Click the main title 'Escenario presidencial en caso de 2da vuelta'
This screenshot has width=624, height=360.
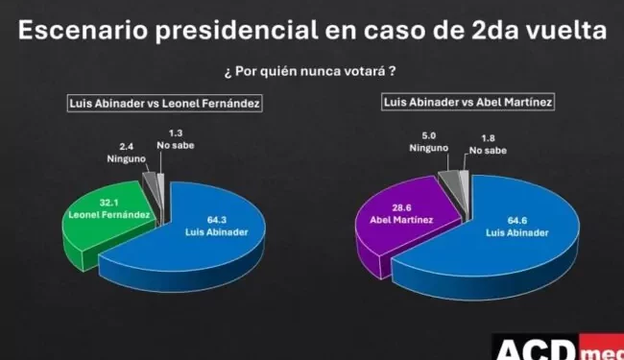point(312,31)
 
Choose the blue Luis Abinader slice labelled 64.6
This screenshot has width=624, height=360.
point(499,250)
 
